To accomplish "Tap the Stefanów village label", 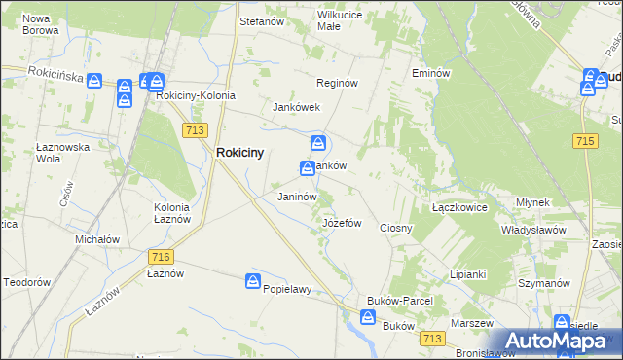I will pyautogui.click(x=261, y=19).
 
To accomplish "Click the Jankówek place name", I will pyautogui.click(x=297, y=107).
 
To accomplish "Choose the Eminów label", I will pyautogui.click(x=429, y=73).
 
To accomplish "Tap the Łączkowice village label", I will pyautogui.click(x=459, y=207).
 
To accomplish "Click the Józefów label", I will pyautogui.click(x=342, y=223).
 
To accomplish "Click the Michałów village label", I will pyautogui.click(x=97, y=239).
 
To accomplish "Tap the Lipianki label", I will pyautogui.click(x=467, y=274).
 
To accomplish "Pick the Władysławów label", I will pyautogui.click(x=533, y=230).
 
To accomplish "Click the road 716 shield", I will pyautogui.click(x=162, y=256).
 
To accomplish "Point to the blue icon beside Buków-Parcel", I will pyautogui.click(x=368, y=317).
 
